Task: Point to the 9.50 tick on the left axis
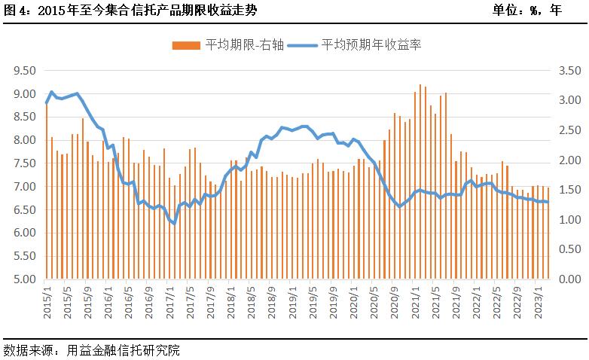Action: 25,71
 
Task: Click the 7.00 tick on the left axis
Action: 25,187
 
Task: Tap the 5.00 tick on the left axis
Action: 25,279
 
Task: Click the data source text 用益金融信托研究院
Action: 124,350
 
